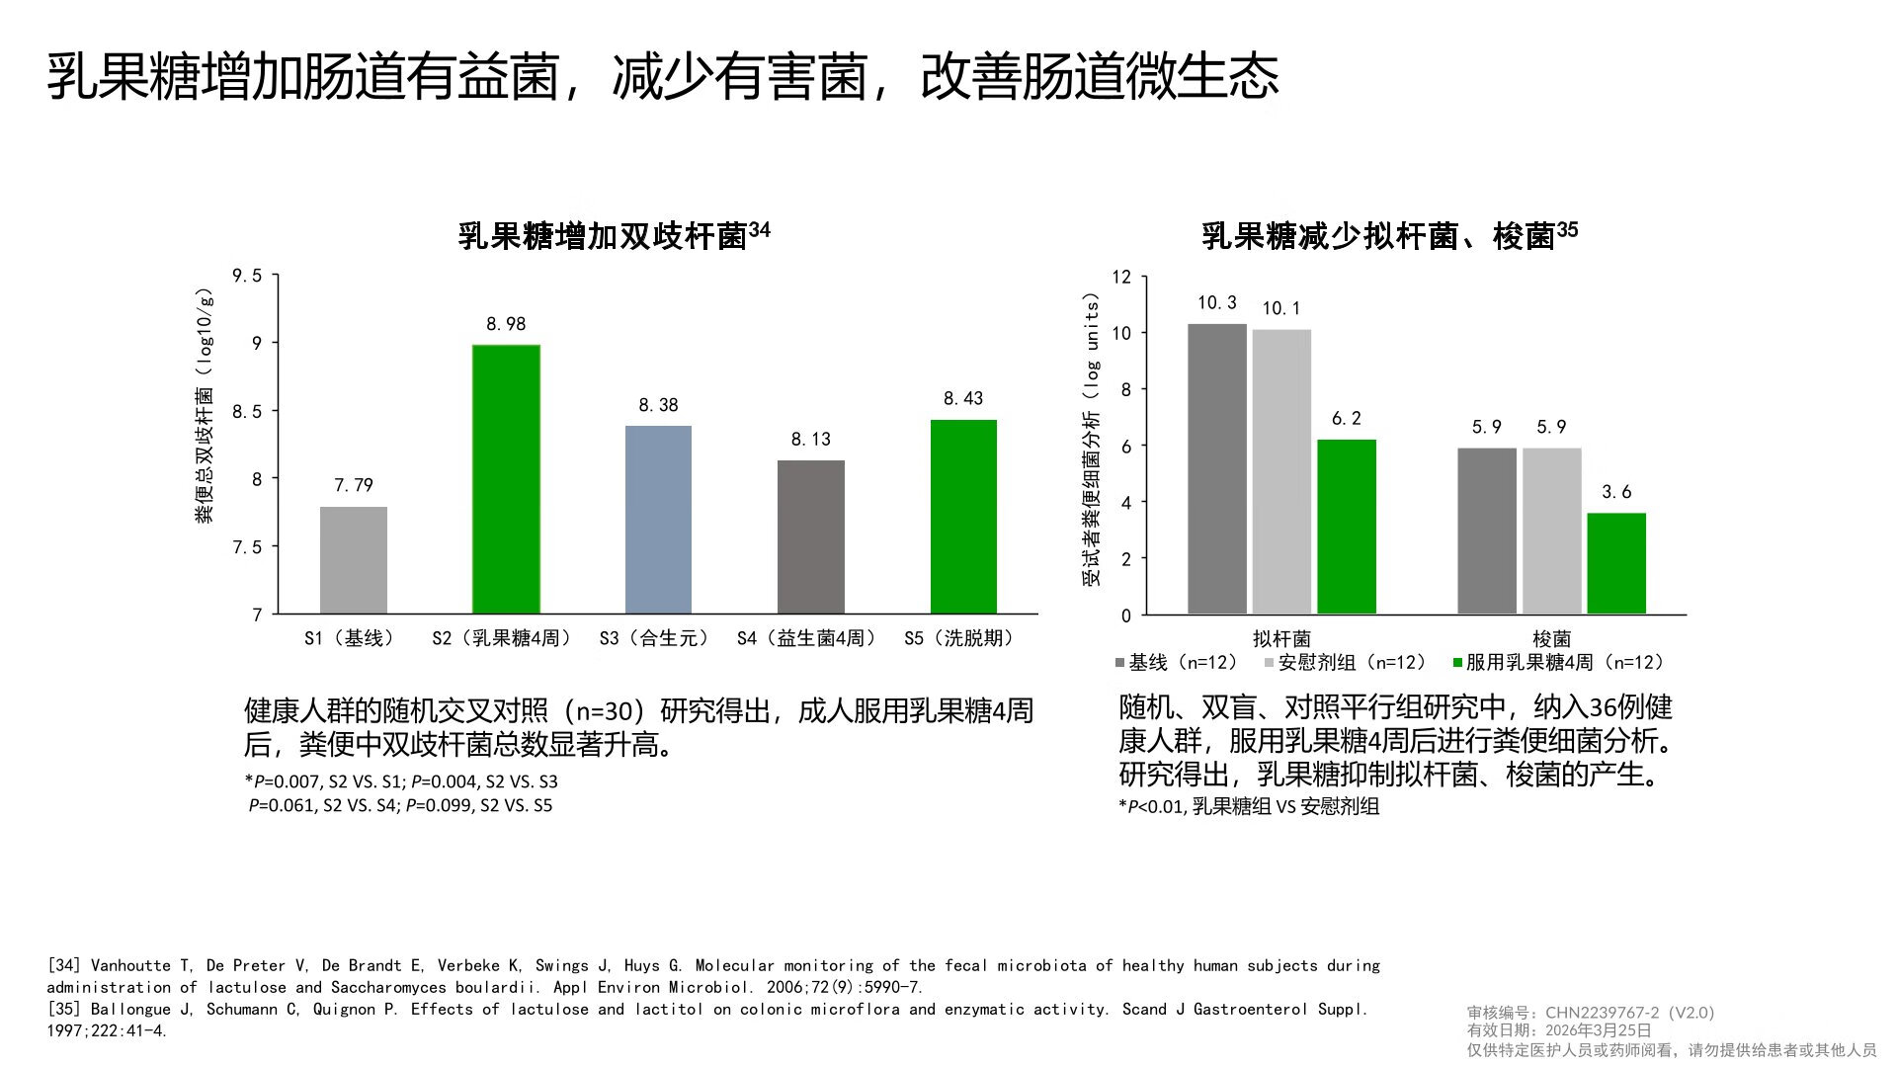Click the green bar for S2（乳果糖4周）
(506, 479)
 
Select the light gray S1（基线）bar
(353, 560)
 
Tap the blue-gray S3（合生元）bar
(658, 520)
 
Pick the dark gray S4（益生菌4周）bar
(810, 536)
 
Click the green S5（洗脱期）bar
(963, 517)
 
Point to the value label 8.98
(506, 324)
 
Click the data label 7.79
(353, 485)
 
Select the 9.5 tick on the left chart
(247, 276)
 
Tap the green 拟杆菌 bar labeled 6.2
(1346, 527)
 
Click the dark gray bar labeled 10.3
(1216, 469)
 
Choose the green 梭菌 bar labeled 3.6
(1616, 563)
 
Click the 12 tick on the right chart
(1120, 277)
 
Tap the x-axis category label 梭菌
(1551, 639)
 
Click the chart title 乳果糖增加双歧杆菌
(603, 236)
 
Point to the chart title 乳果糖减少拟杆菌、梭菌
(1379, 236)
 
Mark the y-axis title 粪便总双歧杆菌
(205, 454)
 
